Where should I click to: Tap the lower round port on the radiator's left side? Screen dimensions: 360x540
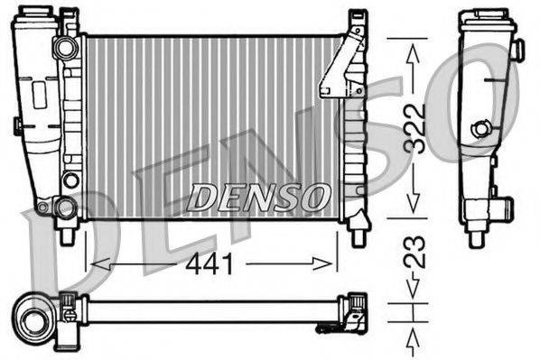(65, 208)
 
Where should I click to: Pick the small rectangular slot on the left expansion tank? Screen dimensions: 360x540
(39, 92)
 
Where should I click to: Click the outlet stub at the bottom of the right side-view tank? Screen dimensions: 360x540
(478, 237)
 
